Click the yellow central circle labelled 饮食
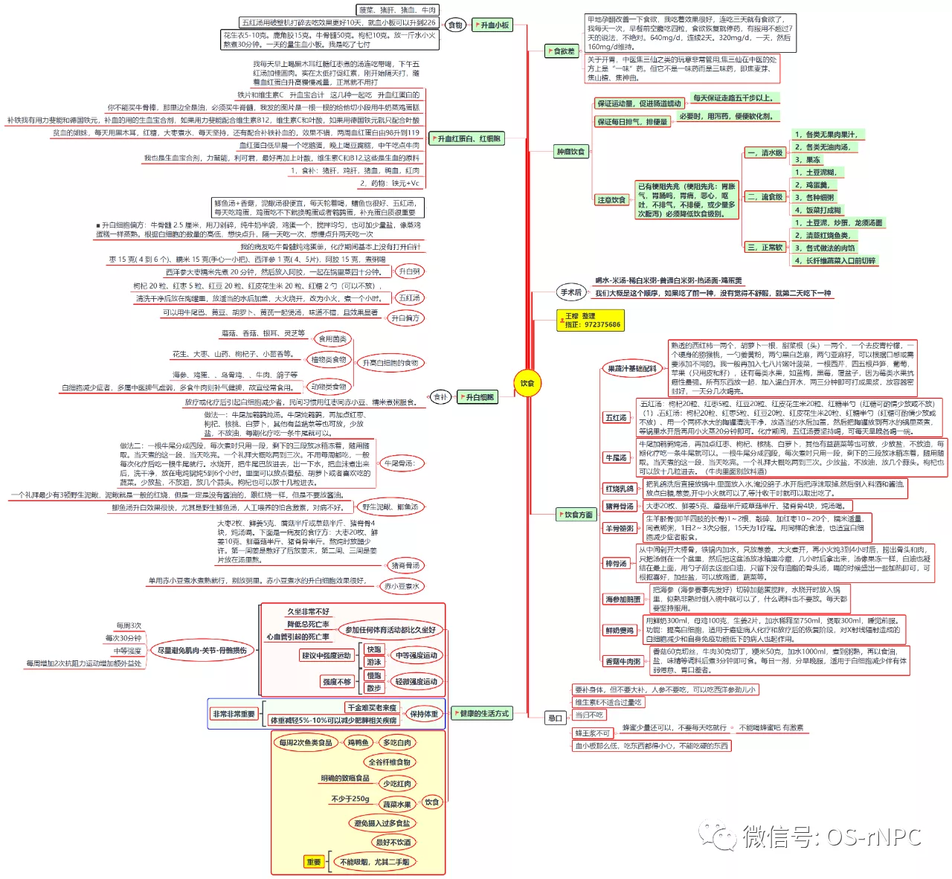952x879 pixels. [x=527, y=384]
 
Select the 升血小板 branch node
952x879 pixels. [x=493, y=25]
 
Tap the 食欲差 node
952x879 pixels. [x=562, y=51]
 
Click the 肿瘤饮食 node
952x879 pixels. [x=571, y=152]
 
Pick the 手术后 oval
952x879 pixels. [x=571, y=292]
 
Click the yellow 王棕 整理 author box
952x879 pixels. [x=591, y=321]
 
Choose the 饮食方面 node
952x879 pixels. [x=577, y=514]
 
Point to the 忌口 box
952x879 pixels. [x=555, y=718]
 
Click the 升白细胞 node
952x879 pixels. [x=478, y=397]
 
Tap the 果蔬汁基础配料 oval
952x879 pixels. [x=631, y=368]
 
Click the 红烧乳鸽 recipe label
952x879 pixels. [x=620, y=489]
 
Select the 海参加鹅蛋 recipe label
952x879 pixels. [x=623, y=599]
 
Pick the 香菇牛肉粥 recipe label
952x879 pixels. [x=623, y=661]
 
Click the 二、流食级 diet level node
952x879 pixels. [x=765, y=197]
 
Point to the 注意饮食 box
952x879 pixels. [x=611, y=200]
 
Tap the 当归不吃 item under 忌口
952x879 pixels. [x=588, y=715]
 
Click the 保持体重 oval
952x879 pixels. [x=423, y=714]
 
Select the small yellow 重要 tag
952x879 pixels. [x=314, y=862]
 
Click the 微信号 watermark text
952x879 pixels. [x=832, y=837]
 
